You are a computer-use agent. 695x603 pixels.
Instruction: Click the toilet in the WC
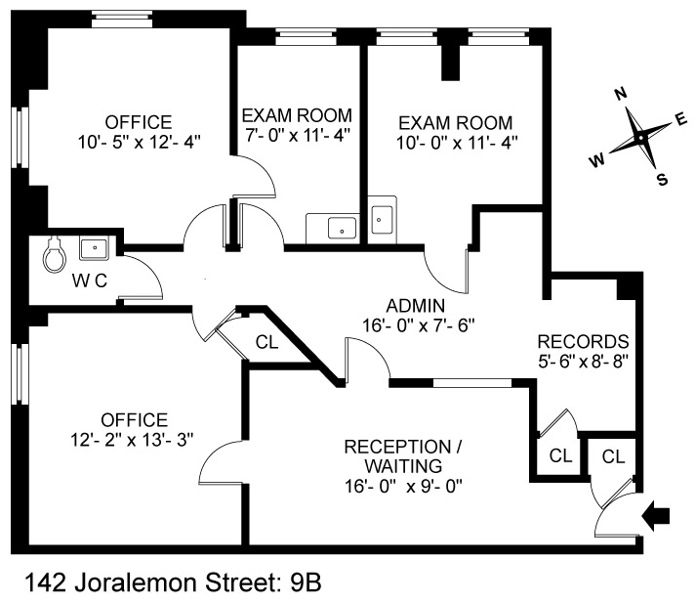55,256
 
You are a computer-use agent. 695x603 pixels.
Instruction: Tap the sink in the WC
95,248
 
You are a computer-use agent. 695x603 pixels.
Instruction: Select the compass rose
638,138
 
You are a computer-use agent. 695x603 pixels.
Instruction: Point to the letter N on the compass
619,94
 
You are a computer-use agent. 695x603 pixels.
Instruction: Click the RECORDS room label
583,342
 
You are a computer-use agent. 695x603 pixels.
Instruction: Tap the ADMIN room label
416,304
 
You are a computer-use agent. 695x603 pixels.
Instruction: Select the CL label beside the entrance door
613,455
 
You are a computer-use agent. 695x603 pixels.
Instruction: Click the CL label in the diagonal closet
266,342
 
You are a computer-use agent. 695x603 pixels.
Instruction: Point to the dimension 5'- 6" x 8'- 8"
583,361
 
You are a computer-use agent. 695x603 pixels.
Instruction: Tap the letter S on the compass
661,179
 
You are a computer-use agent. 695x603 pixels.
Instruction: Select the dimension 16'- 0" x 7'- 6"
416,323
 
